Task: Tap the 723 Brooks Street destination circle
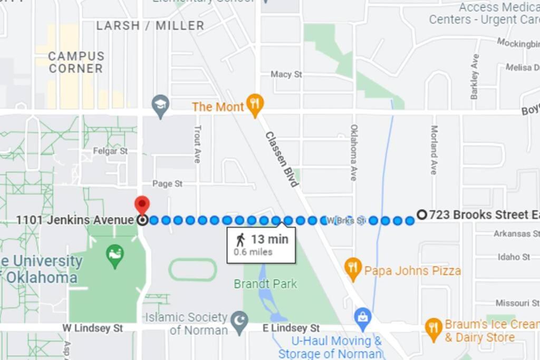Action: coord(421,215)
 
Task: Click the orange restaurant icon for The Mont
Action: coord(255,105)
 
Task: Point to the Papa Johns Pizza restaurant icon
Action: coord(353,269)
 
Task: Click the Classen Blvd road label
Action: coord(282,159)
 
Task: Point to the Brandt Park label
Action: coord(265,284)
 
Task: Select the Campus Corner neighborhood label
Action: coord(76,62)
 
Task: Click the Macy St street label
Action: coord(286,74)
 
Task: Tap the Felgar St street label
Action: coord(110,151)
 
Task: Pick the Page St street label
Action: coord(167,184)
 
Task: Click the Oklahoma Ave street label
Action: coord(354,152)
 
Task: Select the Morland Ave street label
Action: coord(433,150)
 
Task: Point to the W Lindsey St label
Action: coord(93,328)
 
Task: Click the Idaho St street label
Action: coord(514,257)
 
